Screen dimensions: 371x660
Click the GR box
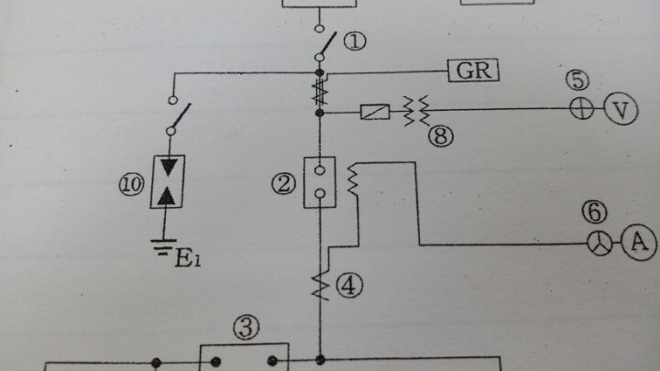pyautogui.click(x=473, y=71)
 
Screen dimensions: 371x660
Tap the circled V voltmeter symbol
pyautogui.click(x=621, y=111)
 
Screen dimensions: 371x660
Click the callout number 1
pyautogui.click(x=357, y=41)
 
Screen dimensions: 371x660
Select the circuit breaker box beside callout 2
pyautogui.click(x=320, y=182)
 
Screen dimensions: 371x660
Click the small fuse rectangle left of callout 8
pyautogui.click(x=377, y=113)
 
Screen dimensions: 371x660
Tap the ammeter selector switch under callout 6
pyautogui.click(x=599, y=243)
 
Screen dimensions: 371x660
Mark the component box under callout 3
pyautogui.click(x=244, y=357)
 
